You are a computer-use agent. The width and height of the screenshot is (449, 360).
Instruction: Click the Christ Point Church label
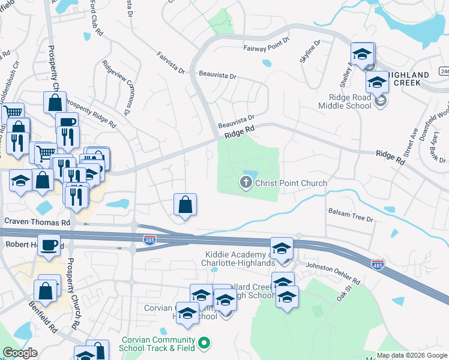pyautogui.click(x=291, y=183)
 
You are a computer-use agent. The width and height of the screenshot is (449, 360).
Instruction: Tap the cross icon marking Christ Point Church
pyautogui.click(x=246, y=182)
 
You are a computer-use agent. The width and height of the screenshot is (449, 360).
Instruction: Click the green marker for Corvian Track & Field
pyautogui.click(x=205, y=344)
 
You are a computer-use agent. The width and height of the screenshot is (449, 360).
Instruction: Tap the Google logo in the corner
pyautogui.click(x=20, y=353)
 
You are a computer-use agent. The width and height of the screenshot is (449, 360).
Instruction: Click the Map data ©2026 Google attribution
pyautogui.click(x=412, y=355)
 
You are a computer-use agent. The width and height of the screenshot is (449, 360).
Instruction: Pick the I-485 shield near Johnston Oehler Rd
pyautogui.click(x=378, y=264)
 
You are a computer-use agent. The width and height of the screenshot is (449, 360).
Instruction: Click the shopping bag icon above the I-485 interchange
pyautogui.click(x=185, y=205)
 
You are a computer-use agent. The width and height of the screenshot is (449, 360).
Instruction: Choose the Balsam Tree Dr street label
pyautogui.click(x=351, y=215)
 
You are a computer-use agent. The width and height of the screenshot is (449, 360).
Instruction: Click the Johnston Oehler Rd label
pyautogui.click(x=333, y=273)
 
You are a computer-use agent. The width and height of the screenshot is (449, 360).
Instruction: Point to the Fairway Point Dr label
pyautogui.click(x=266, y=49)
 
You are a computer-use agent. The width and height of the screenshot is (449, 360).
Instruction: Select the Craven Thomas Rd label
pyautogui.click(x=37, y=221)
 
